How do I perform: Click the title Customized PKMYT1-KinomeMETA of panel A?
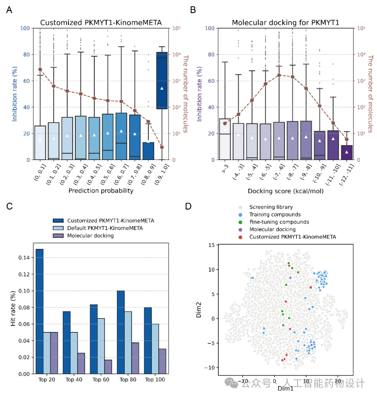tap(101, 22)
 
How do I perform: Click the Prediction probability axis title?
tap(101, 191)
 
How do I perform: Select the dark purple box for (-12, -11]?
tap(347, 152)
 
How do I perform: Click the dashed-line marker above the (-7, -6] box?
tap(279, 75)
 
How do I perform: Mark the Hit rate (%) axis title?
tap(13, 308)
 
